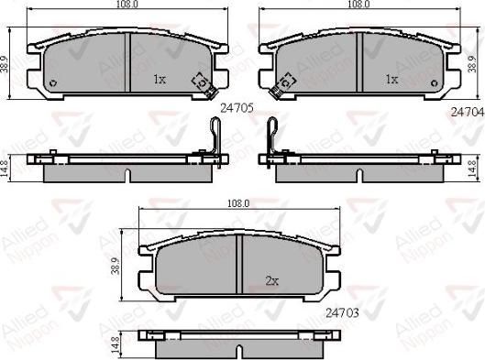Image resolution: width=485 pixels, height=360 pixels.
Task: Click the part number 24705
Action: (237, 108)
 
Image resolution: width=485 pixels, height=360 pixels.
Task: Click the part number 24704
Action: (468, 112)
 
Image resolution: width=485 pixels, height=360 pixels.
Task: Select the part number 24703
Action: (342, 313)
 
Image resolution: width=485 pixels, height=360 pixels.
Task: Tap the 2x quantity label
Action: (272, 280)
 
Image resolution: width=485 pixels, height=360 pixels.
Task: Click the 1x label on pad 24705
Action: (160, 80)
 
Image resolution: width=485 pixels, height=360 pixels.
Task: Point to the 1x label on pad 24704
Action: (391, 80)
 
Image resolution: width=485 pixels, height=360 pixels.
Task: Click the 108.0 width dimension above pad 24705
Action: (127, 5)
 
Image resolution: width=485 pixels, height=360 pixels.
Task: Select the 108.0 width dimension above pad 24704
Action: (359, 5)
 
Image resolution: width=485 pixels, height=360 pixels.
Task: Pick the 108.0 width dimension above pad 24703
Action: (238, 203)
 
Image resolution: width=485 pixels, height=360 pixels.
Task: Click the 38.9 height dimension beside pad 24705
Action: (5, 64)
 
